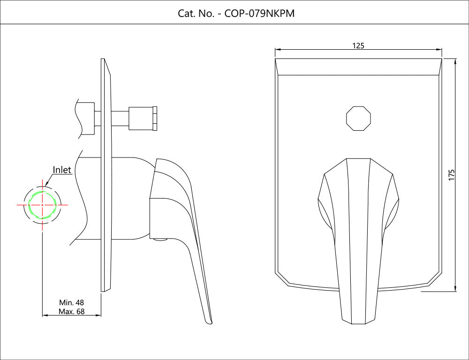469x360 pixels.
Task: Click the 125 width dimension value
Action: (358, 45)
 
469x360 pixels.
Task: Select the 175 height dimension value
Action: (452, 175)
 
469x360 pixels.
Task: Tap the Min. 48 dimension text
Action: (71, 302)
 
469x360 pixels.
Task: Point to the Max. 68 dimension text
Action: (71, 311)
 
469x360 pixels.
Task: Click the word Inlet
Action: (62, 170)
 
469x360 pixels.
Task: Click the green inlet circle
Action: (42, 205)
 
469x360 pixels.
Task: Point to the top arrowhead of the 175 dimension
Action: (455, 61)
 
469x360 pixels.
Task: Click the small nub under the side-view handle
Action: (160, 241)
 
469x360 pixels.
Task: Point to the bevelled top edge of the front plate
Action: (359, 67)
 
